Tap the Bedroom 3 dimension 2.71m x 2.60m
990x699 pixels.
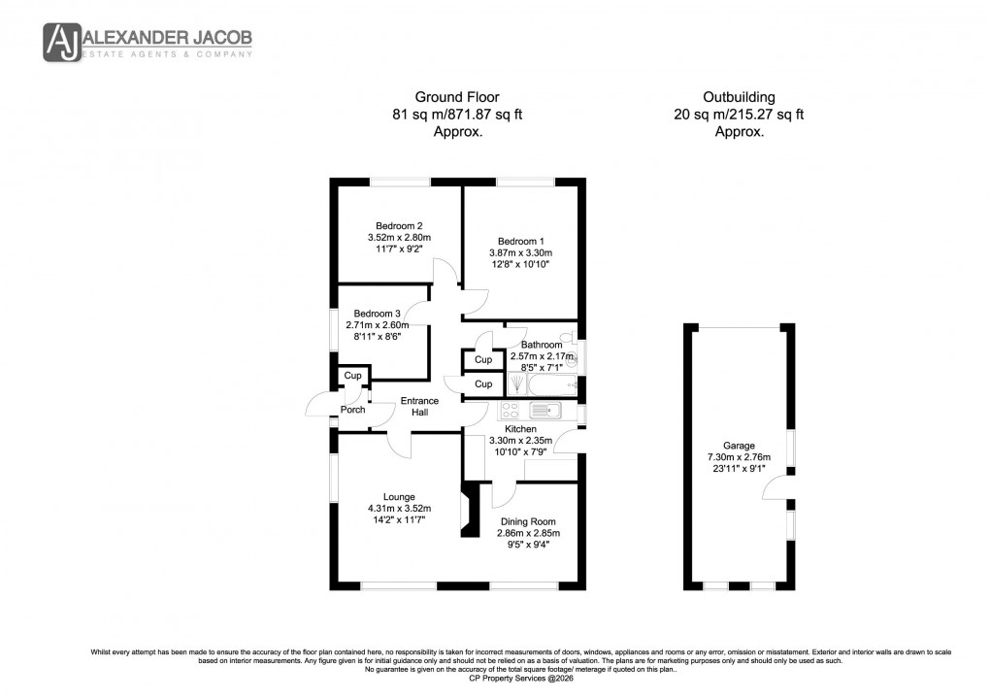tap(380, 325)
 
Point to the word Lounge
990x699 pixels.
tap(398, 497)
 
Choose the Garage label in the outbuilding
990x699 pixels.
tap(738, 446)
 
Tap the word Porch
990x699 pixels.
tap(352, 410)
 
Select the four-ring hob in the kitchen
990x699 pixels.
tap(512, 411)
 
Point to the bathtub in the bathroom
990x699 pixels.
tap(552, 385)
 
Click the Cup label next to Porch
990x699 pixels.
tap(352, 376)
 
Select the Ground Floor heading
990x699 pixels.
tap(456, 97)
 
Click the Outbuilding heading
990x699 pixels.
tap(739, 97)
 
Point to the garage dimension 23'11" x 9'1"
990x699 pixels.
tap(738, 471)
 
